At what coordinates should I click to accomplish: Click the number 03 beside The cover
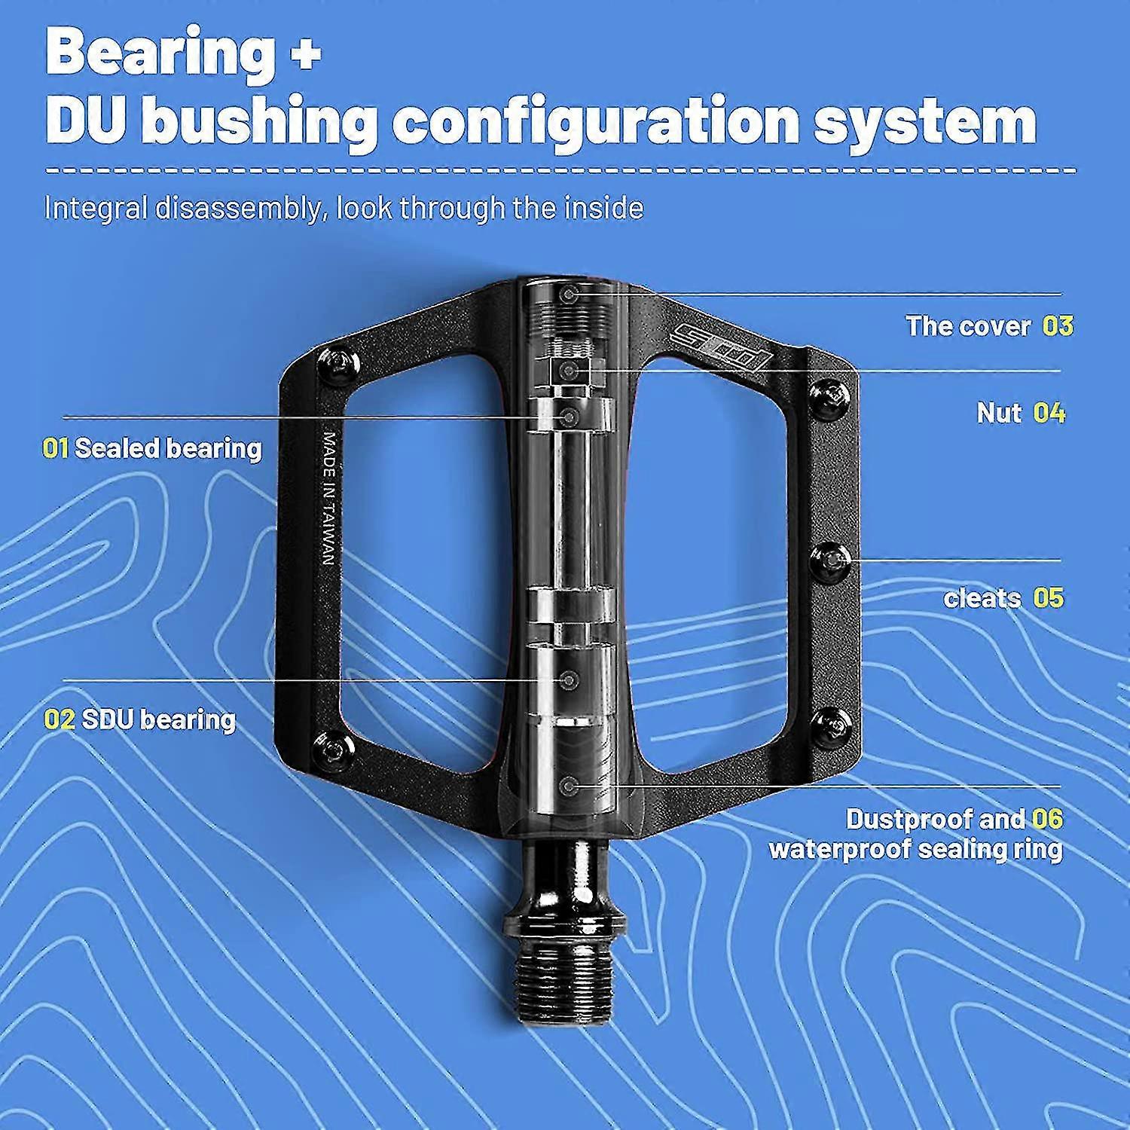pos(1058,325)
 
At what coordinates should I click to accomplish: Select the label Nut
pos(1000,413)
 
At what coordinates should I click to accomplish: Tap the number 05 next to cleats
pos(1048,598)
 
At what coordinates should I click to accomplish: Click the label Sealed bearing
pos(168,448)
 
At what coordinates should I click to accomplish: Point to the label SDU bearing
pos(159,719)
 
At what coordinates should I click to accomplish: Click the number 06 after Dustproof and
pos(1048,818)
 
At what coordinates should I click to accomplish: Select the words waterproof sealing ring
pos(916,849)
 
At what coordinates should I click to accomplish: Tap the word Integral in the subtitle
pos(96,208)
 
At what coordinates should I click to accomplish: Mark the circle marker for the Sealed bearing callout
pos(570,416)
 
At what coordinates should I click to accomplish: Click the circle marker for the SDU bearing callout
pos(570,680)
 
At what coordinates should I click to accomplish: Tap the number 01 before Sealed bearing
pos(56,448)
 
